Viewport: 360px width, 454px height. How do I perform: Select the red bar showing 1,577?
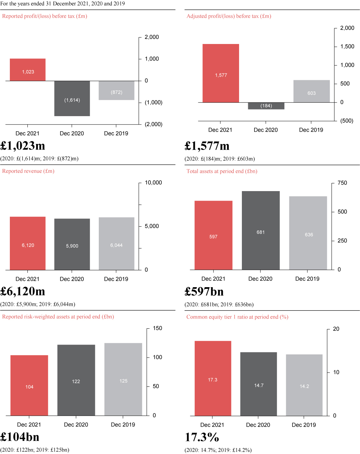221,73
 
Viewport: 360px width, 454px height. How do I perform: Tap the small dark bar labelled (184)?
266,106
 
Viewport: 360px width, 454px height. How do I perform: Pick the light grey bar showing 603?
311,91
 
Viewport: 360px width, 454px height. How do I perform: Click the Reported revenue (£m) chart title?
28,171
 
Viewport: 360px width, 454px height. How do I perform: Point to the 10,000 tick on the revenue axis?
153,183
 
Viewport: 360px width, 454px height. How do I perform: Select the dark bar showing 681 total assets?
261,231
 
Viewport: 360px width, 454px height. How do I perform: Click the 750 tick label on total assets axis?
342,183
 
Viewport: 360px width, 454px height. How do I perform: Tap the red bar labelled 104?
29,385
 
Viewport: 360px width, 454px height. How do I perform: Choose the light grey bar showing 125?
123,379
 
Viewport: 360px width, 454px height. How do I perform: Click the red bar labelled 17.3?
213,378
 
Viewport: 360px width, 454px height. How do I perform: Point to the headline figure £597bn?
204,291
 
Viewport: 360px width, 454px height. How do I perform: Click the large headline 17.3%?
202,437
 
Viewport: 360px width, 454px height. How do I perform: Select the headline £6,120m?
22,291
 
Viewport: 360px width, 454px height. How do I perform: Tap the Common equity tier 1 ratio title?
237,317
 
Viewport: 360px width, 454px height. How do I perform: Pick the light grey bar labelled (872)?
117,90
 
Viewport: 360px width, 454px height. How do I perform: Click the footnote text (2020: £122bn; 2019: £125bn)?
34,450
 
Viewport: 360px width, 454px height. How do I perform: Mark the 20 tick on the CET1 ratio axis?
336,329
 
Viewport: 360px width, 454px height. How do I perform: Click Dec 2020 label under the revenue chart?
72,279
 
